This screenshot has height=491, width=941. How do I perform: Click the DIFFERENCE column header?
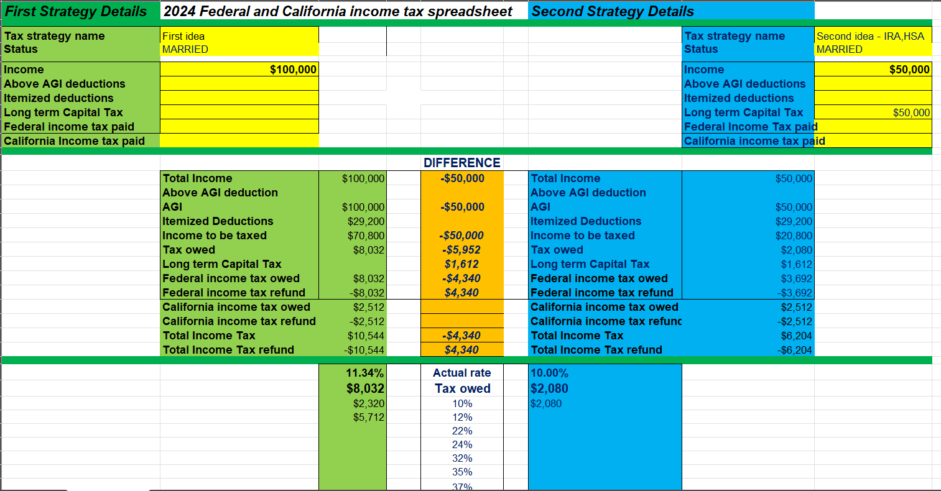461,163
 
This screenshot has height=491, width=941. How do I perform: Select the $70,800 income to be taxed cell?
366,236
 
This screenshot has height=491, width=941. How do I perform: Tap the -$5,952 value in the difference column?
461,250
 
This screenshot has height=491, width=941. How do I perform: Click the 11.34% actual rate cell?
364,373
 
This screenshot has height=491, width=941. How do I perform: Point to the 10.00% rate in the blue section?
549,373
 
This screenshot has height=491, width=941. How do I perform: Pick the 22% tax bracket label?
462,431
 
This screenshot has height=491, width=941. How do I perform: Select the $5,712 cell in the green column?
369,417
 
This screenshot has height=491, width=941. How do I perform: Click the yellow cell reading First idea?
183,36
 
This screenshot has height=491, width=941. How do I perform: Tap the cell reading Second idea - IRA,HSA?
870,36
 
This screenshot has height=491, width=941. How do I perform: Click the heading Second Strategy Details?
613,11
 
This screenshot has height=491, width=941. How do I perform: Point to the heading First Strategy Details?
76,11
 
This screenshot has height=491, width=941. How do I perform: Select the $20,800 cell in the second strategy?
794,236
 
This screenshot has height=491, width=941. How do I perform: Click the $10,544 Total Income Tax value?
366,336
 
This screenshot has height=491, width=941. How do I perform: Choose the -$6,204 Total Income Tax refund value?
794,350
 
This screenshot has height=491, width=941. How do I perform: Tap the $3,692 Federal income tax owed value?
797,278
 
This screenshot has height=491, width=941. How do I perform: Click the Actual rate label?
462,373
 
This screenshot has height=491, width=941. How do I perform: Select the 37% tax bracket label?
462,487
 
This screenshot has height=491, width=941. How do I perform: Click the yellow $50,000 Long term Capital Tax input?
911,112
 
